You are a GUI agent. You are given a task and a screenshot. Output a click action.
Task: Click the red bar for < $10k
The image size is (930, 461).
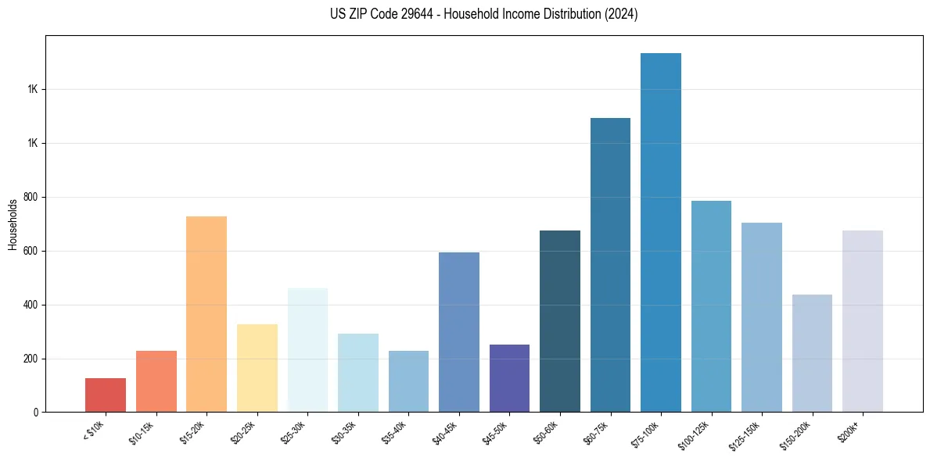tap(106, 395)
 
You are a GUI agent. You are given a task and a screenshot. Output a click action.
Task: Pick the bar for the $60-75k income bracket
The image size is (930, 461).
tap(610, 265)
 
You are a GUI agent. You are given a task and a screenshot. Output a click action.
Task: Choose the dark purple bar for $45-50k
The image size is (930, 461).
tap(509, 378)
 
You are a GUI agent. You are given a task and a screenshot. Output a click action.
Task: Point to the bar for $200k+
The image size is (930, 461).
tap(863, 321)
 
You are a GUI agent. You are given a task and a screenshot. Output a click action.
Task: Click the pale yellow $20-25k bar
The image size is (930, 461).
tap(257, 368)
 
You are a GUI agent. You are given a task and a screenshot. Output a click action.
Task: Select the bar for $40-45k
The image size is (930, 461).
tap(459, 332)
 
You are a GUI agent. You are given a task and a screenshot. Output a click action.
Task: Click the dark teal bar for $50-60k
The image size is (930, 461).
tap(560, 321)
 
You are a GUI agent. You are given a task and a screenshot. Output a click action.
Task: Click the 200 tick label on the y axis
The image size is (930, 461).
tap(31, 359)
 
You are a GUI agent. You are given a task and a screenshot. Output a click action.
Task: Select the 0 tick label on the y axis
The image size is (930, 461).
tap(36, 413)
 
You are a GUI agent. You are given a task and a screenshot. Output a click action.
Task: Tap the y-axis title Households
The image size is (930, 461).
tap(13, 224)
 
